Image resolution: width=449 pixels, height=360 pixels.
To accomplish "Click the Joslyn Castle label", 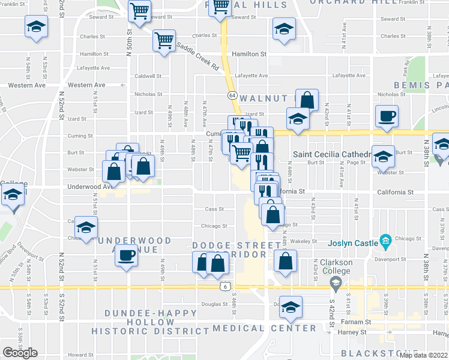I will pyautogui.click(x=353, y=243).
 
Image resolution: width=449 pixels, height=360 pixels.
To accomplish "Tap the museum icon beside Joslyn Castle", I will pyautogui.click(x=385, y=242).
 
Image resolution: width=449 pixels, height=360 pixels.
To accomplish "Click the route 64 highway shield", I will pyautogui.click(x=231, y=95).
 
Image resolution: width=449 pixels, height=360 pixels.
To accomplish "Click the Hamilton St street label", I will pyautogui.click(x=250, y=54).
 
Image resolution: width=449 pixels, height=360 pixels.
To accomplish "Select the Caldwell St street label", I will pyautogui.click(x=148, y=76).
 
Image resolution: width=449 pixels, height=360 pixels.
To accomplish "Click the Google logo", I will pyautogui.click(x=20, y=353).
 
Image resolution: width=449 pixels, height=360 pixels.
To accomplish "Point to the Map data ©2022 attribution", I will pyautogui.click(x=424, y=355).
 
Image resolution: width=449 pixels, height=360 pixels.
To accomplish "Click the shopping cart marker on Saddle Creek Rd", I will pyautogui.click(x=163, y=41).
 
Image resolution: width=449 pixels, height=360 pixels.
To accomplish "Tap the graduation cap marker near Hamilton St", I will pyautogui.click(x=284, y=29).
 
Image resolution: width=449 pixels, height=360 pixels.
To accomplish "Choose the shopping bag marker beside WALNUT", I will pyautogui.click(x=307, y=100).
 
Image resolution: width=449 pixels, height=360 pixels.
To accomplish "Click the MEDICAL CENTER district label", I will pyautogui.click(x=264, y=328).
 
